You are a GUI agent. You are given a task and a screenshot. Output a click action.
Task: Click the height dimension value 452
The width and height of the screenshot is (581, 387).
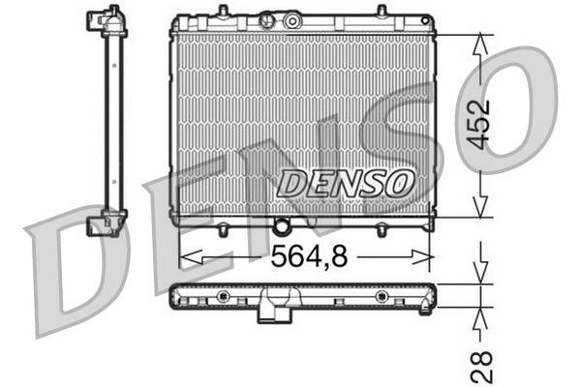482,123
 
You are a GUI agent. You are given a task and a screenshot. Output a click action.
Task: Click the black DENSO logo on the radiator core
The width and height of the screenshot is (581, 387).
346,181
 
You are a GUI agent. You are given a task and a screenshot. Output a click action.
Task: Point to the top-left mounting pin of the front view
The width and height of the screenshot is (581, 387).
222,12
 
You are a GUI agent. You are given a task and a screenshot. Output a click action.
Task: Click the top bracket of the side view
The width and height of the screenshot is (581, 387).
107,22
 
